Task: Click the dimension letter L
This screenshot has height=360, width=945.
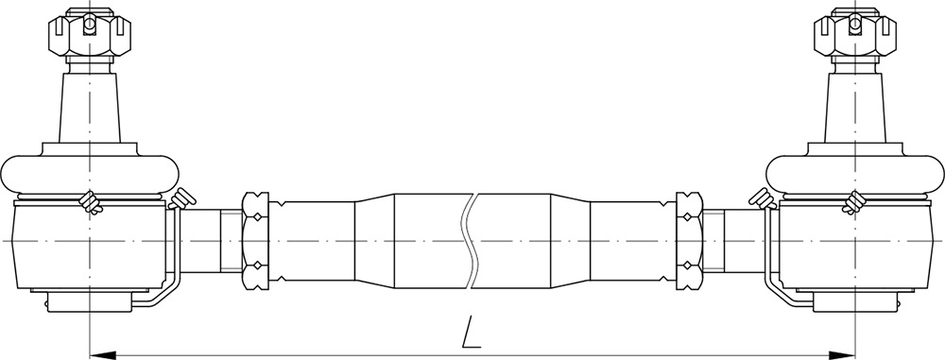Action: (472, 333)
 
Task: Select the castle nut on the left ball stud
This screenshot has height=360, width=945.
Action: (90, 32)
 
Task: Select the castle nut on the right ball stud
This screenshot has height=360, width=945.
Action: (855, 32)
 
